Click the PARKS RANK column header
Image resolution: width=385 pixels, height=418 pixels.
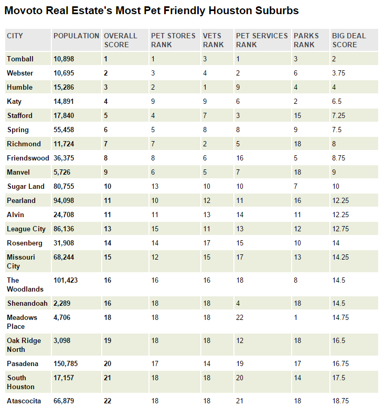pos(306,40)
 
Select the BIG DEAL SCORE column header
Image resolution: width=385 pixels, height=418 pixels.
pos(349,40)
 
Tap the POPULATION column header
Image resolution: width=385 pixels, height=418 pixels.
pos(76,36)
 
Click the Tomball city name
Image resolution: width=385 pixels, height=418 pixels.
pos(20,59)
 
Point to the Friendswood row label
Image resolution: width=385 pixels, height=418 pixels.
pos(28,158)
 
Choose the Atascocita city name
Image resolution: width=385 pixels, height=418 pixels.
pos(24,401)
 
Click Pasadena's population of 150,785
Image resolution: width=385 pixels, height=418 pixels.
pos(66,363)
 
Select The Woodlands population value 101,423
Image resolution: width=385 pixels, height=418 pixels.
pos(66,280)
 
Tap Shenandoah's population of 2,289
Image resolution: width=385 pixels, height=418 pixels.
pos(62,303)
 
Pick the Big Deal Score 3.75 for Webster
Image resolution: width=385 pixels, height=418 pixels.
pos(339,73)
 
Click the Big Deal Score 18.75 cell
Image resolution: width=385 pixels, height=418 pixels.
pos(340,401)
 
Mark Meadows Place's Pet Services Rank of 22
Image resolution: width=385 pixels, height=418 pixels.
pos(240,317)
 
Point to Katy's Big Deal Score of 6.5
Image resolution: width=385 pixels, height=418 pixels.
pos(337,101)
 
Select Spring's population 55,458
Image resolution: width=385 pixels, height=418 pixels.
pos(63,130)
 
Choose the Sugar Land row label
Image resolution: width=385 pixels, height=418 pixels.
pos(26,186)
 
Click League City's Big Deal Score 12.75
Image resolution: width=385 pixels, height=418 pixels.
pos(340,229)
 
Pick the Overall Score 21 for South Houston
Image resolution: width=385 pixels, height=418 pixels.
pos(108,378)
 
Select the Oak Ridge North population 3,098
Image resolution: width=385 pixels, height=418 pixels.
pos(62,340)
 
